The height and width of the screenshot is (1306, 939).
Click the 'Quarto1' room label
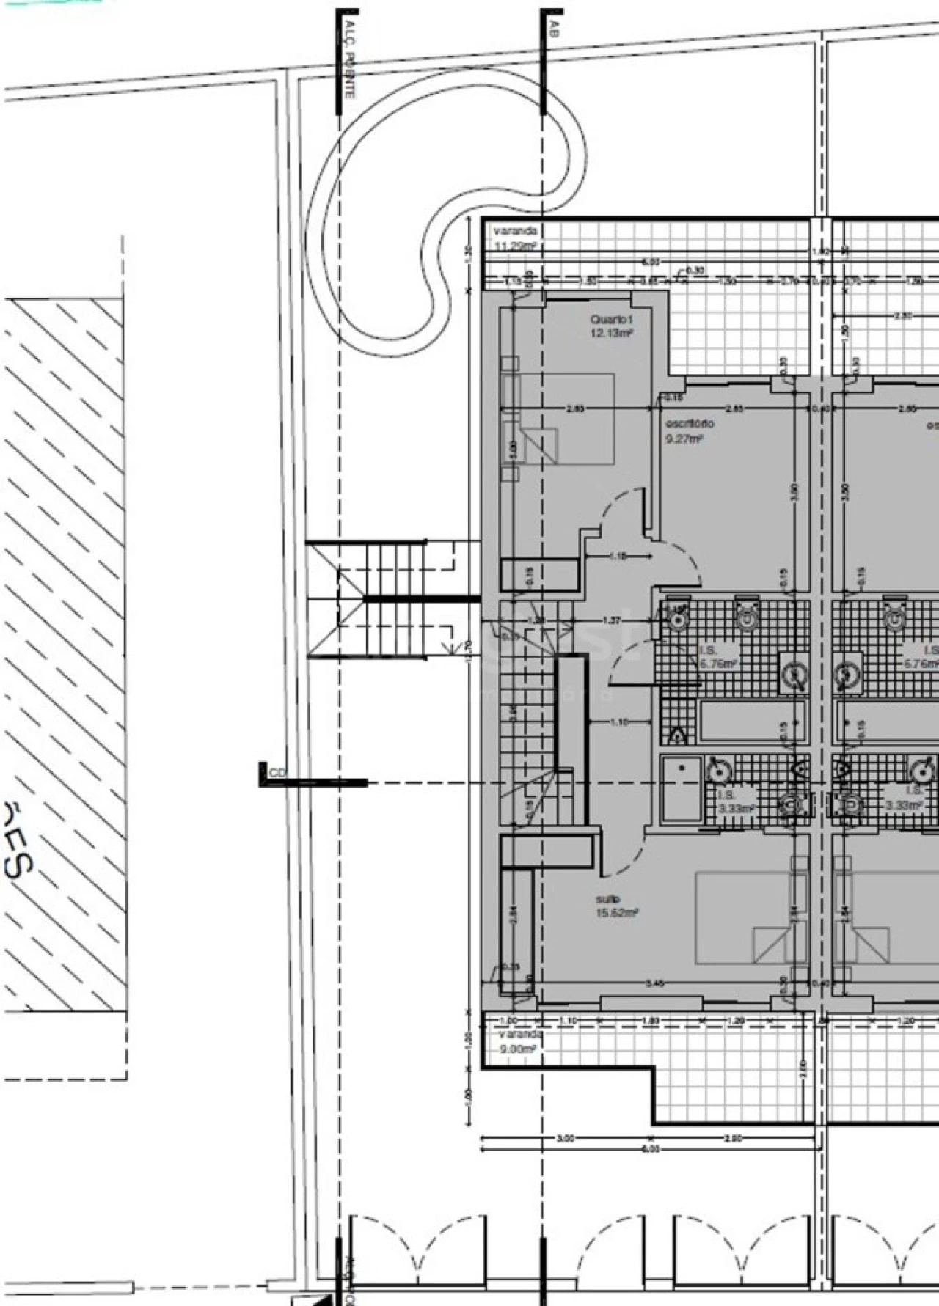click(x=610, y=320)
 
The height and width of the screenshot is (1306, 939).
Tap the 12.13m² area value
click(x=611, y=333)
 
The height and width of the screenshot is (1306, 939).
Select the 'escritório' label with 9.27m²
click(x=689, y=424)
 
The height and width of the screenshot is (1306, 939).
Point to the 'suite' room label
click(x=608, y=899)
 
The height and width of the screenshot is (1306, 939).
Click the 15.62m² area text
click(x=616, y=913)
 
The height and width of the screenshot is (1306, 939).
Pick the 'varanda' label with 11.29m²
click(x=515, y=231)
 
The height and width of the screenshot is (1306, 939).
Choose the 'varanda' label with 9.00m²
click(x=521, y=1034)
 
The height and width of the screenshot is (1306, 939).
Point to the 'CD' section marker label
click(x=277, y=772)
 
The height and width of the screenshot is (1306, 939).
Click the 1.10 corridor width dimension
click(x=619, y=722)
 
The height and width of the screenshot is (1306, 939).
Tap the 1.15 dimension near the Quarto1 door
click(x=618, y=557)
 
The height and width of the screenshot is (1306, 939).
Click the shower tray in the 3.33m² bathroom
click(x=682, y=789)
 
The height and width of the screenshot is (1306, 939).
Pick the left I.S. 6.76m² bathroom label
click(x=709, y=657)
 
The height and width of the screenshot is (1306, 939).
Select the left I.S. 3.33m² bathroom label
click(x=736, y=801)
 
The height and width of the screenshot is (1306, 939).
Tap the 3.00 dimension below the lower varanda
click(x=565, y=1139)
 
